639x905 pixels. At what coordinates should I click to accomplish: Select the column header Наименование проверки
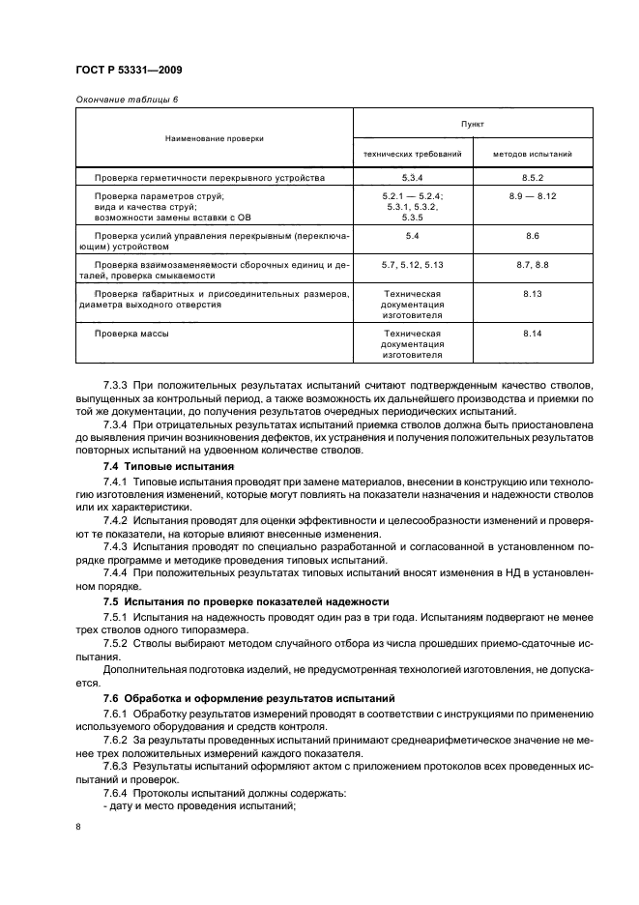pyautogui.click(x=214, y=138)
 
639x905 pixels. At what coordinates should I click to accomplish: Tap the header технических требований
pyautogui.click(x=412, y=153)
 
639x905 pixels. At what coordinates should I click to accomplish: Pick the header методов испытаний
pyautogui.click(x=533, y=153)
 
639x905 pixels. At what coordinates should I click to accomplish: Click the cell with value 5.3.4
pyautogui.click(x=412, y=178)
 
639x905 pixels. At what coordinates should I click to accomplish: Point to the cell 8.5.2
pyautogui.click(x=533, y=178)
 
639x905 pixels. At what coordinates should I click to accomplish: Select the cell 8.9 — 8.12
pyautogui.click(x=533, y=196)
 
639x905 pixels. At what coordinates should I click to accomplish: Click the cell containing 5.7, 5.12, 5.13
pyautogui.click(x=412, y=264)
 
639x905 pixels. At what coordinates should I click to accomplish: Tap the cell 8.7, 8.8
pyautogui.click(x=533, y=264)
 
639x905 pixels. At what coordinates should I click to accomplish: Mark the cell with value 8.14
pyautogui.click(x=533, y=333)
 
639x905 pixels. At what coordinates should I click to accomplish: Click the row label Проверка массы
pyautogui.click(x=131, y=333)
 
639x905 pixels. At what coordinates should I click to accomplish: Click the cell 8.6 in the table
pyautogui.click(x=533, y=235)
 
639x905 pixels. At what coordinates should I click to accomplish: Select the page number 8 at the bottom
pyautogui.click(x=77, y=827)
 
